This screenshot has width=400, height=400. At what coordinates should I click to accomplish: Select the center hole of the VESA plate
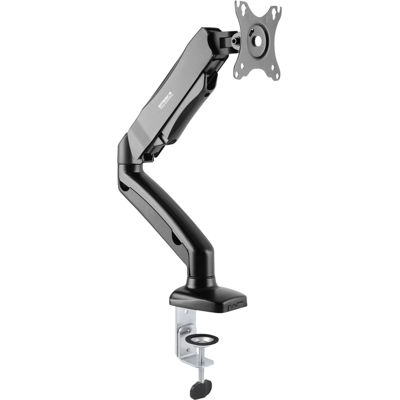tap(256, 40)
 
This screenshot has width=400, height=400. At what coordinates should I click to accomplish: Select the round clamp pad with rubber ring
tap(201, 339)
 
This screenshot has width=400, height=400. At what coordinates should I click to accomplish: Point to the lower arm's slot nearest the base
tap(176, 239)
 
